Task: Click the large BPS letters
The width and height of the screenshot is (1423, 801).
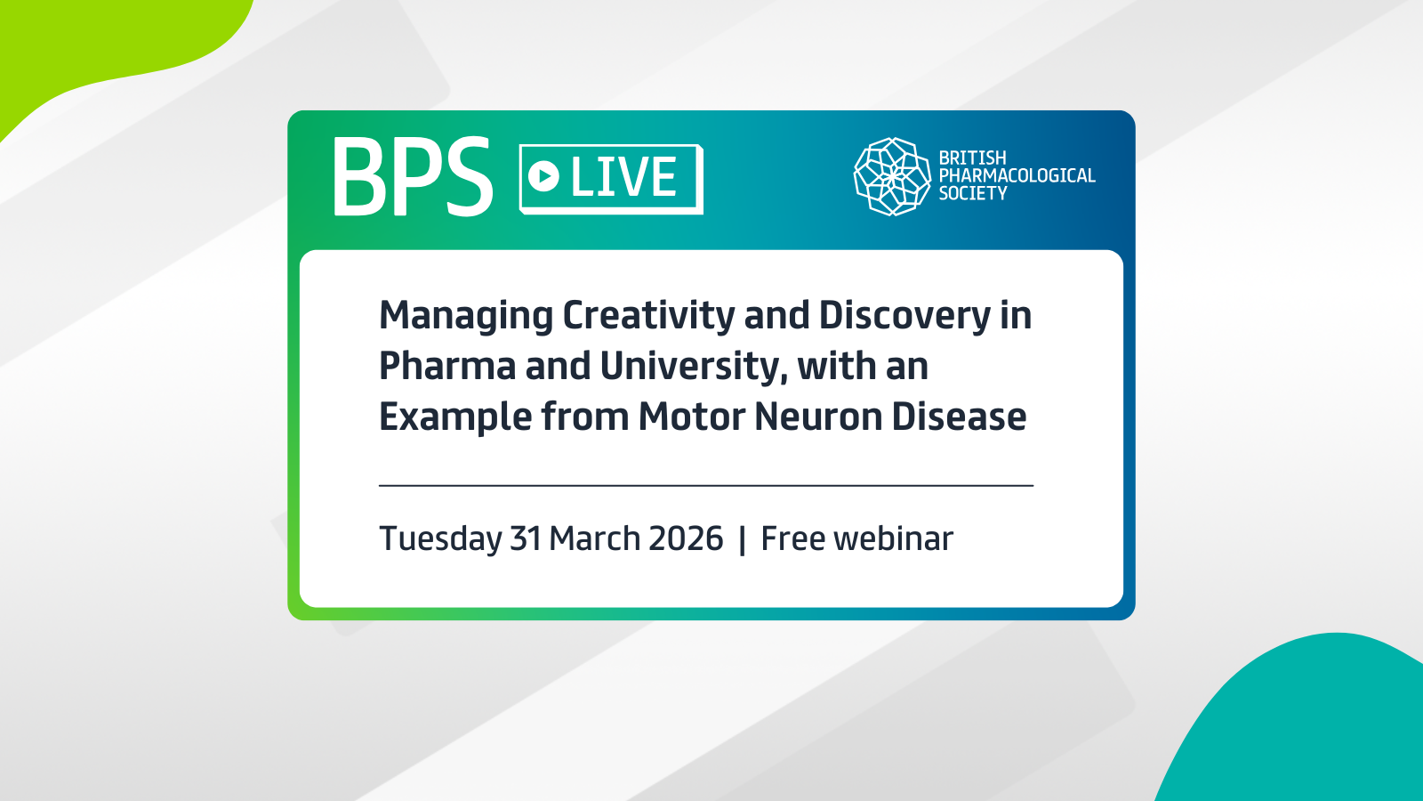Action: coord(413,176)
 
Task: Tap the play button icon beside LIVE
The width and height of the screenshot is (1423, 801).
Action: coord(543,176)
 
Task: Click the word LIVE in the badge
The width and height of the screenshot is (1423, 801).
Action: coord(623,177)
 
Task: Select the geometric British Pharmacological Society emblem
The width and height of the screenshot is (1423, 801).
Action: coord(892,176)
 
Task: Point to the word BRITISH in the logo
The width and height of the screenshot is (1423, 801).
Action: coord(973,158)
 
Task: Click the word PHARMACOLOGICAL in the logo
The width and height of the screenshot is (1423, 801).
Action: coord(1017,175)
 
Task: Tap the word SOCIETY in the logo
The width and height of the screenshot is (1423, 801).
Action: coord(973,193)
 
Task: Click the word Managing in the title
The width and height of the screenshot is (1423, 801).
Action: coord(466,316)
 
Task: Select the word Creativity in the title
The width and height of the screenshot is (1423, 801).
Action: coord(648,316)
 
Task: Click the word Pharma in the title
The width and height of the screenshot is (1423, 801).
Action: coord(447,366)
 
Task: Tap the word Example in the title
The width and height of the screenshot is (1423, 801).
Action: coord(454,417)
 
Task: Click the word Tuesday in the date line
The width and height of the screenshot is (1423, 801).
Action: coord(440,539)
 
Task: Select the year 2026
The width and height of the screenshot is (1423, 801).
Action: coord(686,538)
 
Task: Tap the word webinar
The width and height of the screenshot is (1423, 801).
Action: coord(893,538)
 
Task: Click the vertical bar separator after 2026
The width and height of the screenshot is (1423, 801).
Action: coord(742,539)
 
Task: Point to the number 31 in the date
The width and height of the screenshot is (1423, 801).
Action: coord(526,538)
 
